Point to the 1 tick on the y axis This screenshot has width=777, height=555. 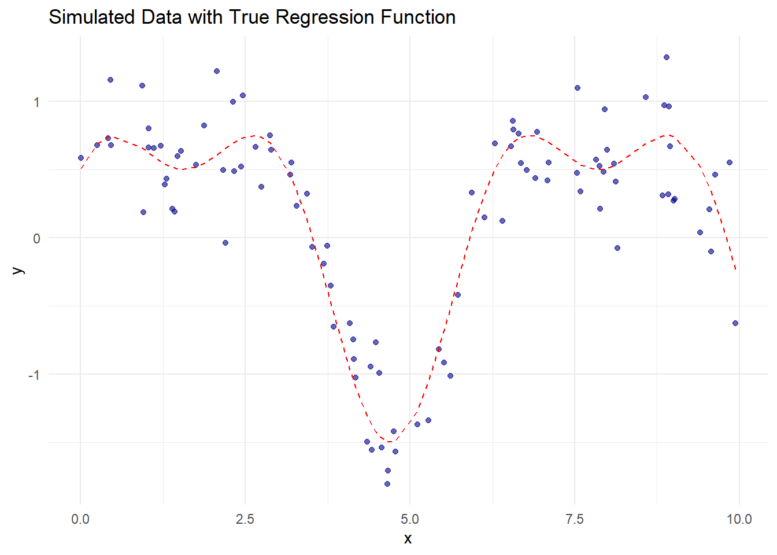click(36, 102)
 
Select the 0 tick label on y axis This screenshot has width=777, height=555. click(36, 238)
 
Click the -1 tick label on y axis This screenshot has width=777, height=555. click(34, 375)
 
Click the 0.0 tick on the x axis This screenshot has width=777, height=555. click(80, 519)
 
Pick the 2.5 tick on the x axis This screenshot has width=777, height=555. click(245, 519)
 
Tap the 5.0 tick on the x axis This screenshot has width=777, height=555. click(410, 519)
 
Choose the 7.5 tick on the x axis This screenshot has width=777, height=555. click(575, 519)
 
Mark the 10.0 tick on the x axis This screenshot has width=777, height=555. click(739, 519)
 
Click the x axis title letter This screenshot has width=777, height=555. click(408, 539)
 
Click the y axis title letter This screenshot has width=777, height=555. click(18, 270)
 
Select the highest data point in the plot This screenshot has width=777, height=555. click(667, 57)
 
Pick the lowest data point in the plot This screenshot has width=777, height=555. click(387, 484)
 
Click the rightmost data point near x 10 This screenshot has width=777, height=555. click(735, 323)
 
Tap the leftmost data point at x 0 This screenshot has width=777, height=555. click(81, 158)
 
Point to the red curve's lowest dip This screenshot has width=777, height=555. click(390, 442)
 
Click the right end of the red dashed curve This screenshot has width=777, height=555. click(735, 269)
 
